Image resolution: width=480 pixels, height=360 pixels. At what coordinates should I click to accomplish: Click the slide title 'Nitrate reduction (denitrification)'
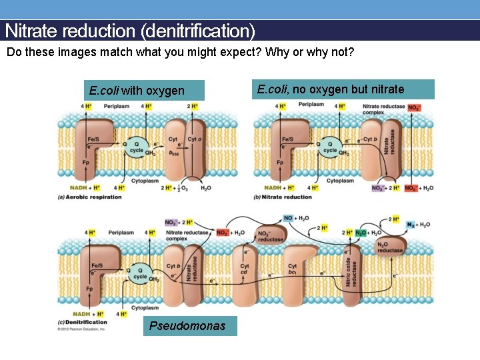(x=130, y=31)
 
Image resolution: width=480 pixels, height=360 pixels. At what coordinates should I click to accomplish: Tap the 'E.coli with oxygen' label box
(x=137, y=91)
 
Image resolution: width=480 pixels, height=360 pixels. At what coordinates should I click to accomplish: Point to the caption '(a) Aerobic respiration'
(x=91, y=197)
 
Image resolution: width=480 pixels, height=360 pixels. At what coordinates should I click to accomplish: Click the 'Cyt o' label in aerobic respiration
(x=194, y=139)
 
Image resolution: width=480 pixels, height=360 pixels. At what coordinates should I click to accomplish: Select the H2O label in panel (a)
(x=205, y=188)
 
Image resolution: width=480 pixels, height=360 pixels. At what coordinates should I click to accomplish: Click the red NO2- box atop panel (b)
(x=414, y=107)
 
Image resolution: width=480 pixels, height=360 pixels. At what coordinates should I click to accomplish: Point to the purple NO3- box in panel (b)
(x=378, y=188)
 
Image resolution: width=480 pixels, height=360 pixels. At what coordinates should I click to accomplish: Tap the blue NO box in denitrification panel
(x=288, y=218)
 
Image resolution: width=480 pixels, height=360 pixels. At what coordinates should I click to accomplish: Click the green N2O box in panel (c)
(x=361, y=233)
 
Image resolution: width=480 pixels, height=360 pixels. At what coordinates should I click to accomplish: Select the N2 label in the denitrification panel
(x=411, y=225)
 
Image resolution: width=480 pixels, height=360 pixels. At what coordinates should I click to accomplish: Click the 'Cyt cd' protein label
(x=245, y=269)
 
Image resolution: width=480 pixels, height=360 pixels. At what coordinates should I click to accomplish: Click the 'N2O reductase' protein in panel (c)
(x=391, y=247)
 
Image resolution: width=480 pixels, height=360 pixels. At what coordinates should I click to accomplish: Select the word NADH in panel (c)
(x=81, y=313)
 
